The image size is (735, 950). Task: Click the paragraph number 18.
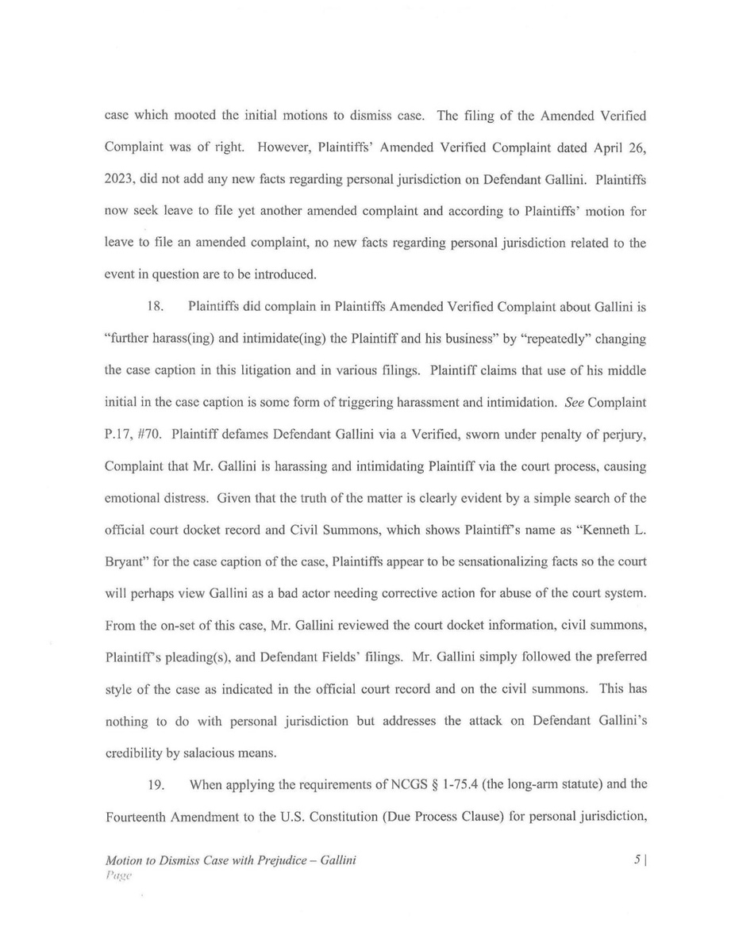156,307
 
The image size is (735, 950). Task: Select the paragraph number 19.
156,786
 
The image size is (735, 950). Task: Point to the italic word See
574,403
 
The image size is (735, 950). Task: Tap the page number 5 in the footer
637,860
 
